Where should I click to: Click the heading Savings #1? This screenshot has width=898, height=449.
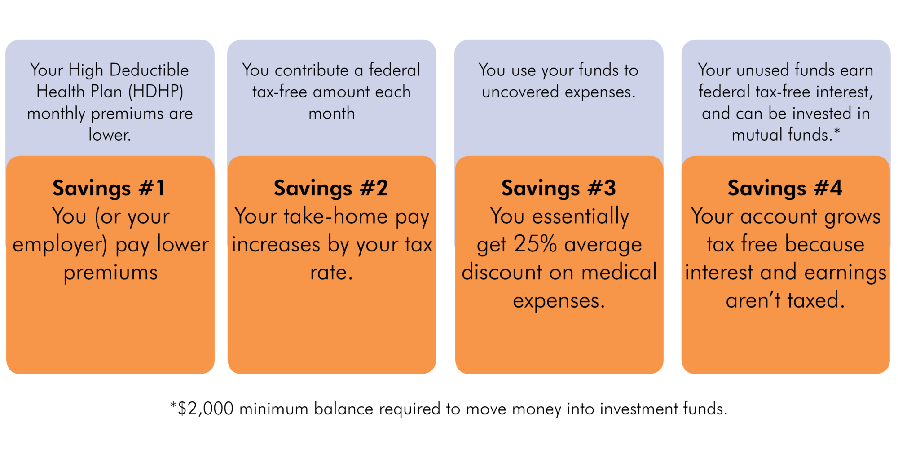109,188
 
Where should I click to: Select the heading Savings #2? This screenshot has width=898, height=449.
331,188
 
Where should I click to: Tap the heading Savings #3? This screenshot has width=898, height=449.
559,188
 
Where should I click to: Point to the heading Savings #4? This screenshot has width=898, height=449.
785,188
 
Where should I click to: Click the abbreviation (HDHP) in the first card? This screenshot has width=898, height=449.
156,92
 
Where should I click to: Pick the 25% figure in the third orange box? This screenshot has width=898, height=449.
535,244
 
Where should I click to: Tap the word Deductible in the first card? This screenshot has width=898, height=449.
149,70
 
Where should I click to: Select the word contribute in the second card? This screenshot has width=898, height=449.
312,70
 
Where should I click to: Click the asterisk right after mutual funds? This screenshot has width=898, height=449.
837,132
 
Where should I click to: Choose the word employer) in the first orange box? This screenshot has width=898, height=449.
60,245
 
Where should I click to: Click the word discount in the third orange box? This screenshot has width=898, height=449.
502,273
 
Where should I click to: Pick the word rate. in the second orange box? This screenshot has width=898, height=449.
331,273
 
